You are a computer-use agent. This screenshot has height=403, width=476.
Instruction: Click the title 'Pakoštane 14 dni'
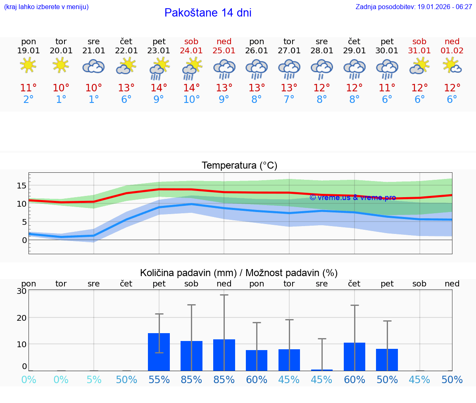pos(208,13)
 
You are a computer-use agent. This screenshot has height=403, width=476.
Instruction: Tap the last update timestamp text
pos(414,7)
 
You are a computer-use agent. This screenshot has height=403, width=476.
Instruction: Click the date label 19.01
pos(29,51)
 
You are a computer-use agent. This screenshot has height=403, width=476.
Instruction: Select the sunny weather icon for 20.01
pos(61,65)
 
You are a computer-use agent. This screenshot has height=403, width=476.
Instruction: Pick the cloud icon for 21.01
pos(93,66)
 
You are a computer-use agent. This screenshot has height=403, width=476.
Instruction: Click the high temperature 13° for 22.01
pos(126,88)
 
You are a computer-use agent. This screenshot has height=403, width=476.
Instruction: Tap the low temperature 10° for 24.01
pos(191,100)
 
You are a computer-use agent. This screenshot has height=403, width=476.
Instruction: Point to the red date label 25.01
pos(224,51)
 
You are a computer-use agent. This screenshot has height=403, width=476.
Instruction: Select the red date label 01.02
pos(452,51)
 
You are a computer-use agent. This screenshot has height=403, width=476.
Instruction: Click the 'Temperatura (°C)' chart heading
pos(239,166)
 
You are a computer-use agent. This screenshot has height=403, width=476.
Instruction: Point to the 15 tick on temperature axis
pos(21,186)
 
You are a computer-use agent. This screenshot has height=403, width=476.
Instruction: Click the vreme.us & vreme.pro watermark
pos(352,198)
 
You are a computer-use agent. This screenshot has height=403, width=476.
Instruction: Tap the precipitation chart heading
pos(239,273)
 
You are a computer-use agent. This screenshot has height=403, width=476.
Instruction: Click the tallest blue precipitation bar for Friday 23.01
pos(159,352)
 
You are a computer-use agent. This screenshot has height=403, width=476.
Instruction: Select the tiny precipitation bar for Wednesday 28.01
pos(321,370)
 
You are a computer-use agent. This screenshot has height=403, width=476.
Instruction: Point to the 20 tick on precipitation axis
pos(21,317)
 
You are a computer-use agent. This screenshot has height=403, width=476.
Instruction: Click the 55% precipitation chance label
pos(159,380)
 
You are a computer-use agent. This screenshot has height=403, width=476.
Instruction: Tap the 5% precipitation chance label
pos(94,380)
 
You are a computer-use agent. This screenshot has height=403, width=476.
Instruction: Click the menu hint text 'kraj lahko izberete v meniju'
pos(46,7)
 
